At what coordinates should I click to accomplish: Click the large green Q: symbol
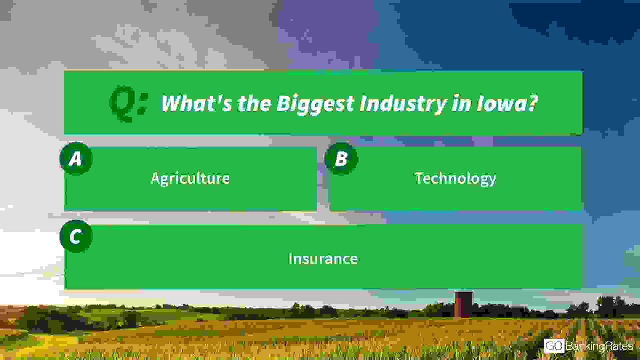point(128,103)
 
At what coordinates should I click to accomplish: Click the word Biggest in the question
point(315,104)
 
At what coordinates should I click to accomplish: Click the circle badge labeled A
point(76,159)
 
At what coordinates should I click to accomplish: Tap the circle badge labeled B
point(341,159)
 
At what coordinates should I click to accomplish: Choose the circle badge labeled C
point(76,236)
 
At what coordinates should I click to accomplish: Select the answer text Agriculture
point(190,179)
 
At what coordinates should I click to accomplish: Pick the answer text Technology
point(455,179)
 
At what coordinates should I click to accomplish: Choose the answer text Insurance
point(323,258)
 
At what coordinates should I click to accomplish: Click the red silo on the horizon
point(463,304)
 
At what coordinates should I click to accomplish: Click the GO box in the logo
point(554,346)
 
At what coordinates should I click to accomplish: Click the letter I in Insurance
point(291,258)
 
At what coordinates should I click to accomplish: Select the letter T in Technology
point(419,178)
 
